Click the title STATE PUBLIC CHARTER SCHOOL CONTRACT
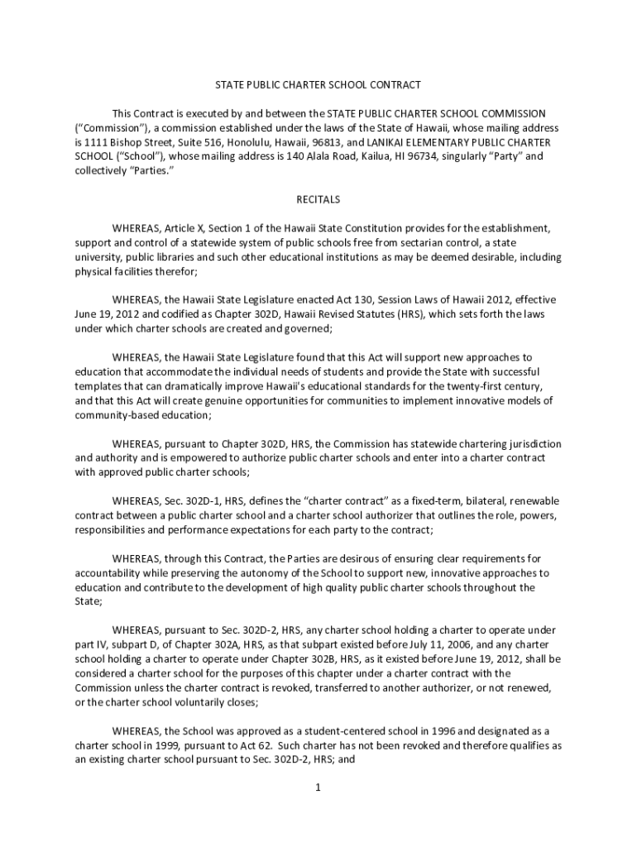point(318,84)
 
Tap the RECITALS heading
point(318,199)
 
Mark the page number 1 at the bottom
point(318,787)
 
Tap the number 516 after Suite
point(193,141)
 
